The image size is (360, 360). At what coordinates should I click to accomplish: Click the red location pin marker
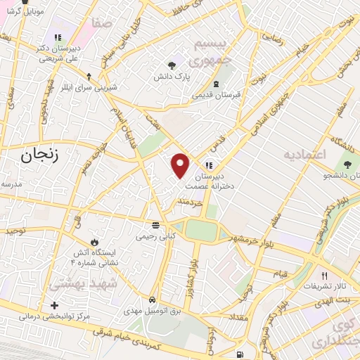click(x=181, y=165)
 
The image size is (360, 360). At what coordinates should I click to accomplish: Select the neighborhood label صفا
click(x=101, y=25)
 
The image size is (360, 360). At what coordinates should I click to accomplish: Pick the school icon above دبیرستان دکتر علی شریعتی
click(x=57, y=37)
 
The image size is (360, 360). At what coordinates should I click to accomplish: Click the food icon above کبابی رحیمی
click(x=155, y=225)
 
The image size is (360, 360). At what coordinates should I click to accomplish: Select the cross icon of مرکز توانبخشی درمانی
click(x=55, y=305)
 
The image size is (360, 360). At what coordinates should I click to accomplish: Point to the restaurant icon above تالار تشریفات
click(x=324, y=276)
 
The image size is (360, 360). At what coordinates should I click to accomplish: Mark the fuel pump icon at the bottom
click(x=240, y=354)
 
